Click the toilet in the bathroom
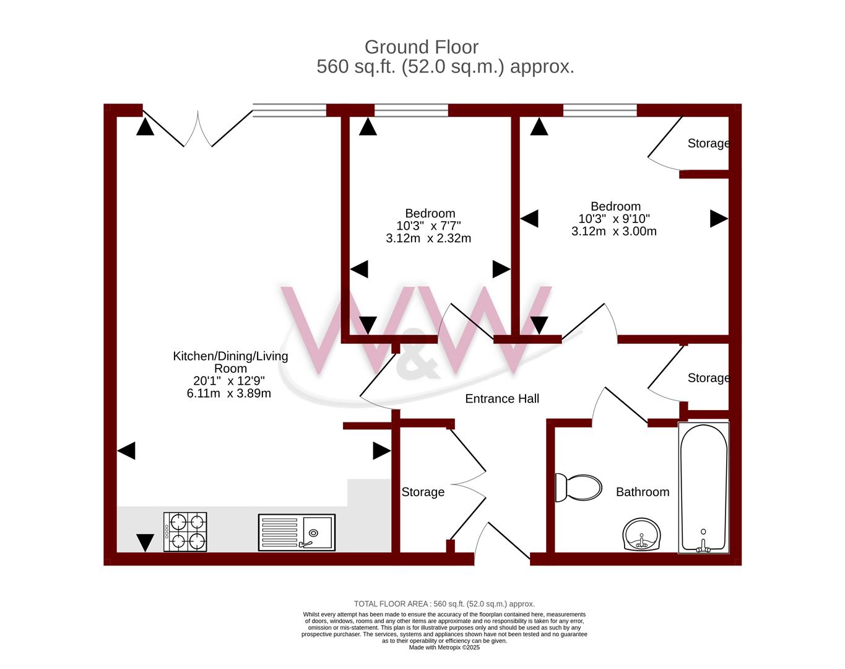[578, 488]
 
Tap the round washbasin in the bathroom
[641, 534]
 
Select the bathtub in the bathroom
[704, 488]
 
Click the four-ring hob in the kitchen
[185, 532]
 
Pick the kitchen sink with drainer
[297, 533]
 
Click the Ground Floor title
[422, 47]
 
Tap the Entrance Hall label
[502, 398]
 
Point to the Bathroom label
[643, 492]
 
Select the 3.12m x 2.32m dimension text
[428, 238]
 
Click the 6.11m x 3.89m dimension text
[229, 393]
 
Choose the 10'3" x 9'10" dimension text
[614, 219]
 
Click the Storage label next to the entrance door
[423, 492]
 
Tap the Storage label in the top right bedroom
[709, 144]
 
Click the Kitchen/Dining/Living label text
[230, 356]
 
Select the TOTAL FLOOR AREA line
[444, 604]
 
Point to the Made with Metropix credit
[444, 647]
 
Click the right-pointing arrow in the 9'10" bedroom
[719, 219]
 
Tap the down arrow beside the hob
[145, 543]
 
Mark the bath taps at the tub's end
[703, 546]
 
